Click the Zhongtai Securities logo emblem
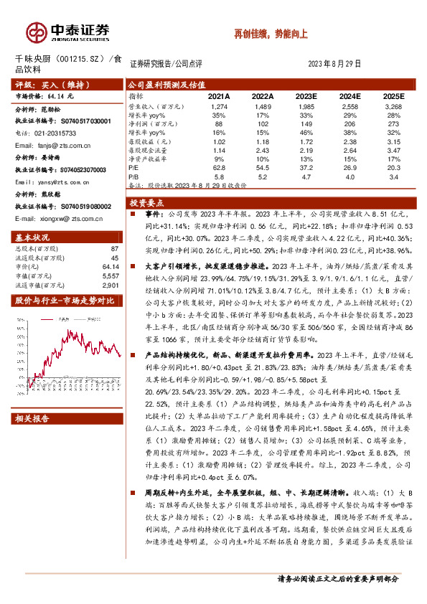click(35, 32)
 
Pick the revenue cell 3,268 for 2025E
click(393, 105)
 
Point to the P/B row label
click(134, 175)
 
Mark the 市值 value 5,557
click(109, 275)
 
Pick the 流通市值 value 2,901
click(109, 285)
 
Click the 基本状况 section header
click(33, 237)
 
